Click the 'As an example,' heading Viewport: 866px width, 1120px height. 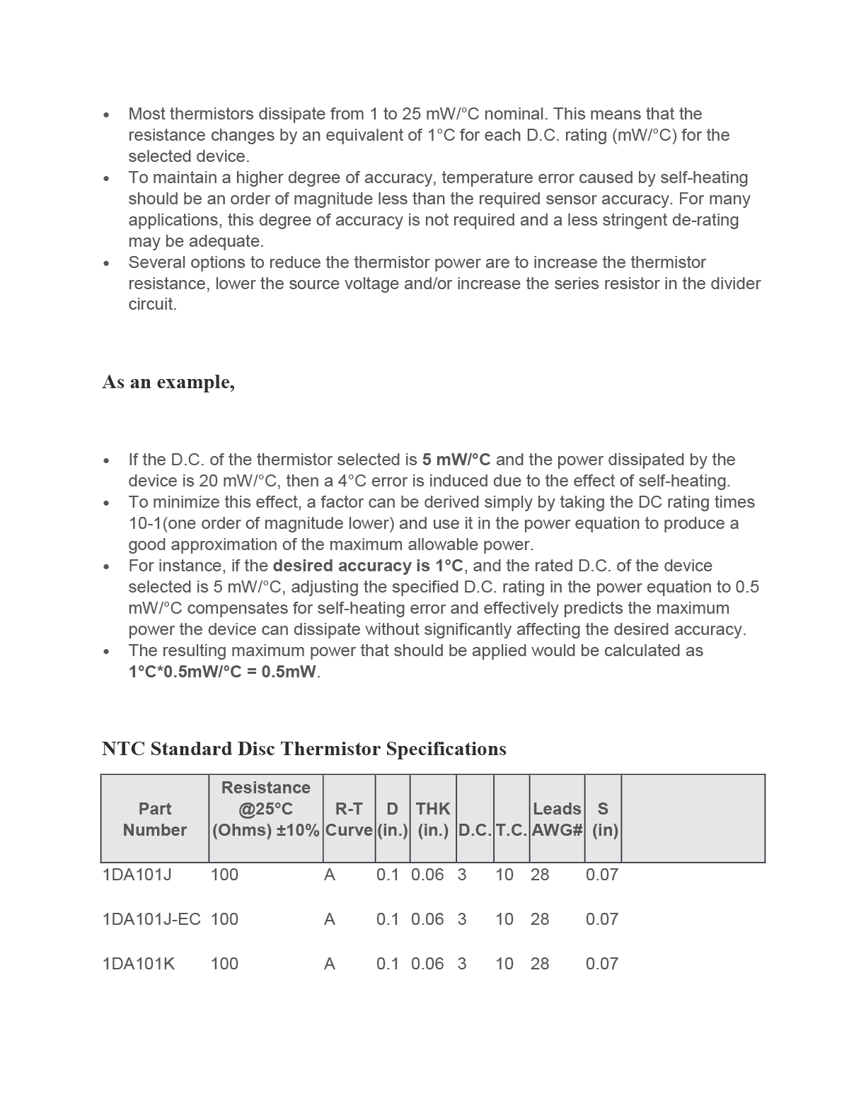tap(168, 382)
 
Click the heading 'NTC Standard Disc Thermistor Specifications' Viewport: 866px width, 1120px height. tap(304, 749)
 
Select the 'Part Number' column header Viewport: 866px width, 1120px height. tap(154, 819)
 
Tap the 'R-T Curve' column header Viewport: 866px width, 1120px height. tap(349, 819)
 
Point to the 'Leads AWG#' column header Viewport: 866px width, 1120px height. tap(557, 819)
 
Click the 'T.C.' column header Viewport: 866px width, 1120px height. tap(512, 830)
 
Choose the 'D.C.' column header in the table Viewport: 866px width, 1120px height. tap(475, 830)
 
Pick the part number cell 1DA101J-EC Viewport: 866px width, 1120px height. tap(151, 919)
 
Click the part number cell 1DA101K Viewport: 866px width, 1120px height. tap(139, 964)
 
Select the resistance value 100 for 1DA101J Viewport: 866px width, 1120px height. tap(224, 875)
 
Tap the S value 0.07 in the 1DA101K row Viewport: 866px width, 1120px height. tap(602, 964)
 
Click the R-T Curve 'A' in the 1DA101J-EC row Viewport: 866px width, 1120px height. tap(330, 919)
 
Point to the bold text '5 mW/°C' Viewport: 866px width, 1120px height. tap(456, 460)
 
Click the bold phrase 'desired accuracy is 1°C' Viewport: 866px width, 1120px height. tap(368, 566)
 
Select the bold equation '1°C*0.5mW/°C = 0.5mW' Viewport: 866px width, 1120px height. tap(222, 672)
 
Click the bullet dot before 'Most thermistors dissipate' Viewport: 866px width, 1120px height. tap(106, 115)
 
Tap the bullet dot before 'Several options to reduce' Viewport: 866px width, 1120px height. tap(106, 263)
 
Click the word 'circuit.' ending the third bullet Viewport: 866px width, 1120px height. tap(152, 305)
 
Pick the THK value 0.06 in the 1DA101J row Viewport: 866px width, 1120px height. tap(427, 875)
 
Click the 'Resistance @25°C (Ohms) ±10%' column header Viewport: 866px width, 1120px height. tap(265, 809)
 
